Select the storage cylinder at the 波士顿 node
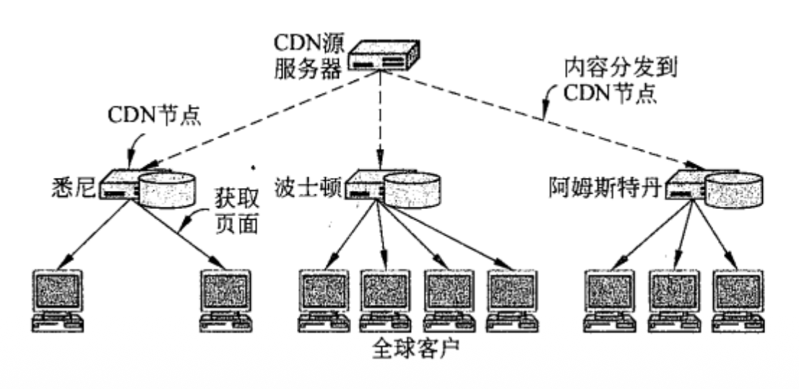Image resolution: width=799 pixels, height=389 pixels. coord(413,189)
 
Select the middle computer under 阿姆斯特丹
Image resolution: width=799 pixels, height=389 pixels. coord(675,298)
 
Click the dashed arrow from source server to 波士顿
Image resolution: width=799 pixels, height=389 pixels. coord(379,123)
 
